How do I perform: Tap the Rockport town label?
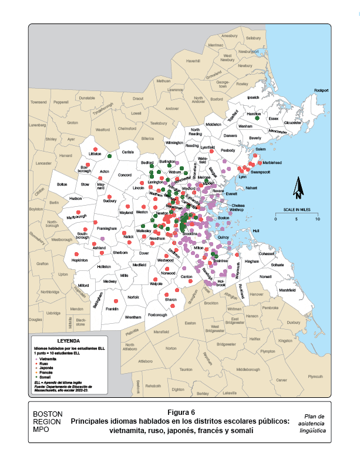point(322,90)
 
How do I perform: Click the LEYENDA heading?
point(68,341)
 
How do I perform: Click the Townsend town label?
point(39,102)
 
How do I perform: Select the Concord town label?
point(125,175)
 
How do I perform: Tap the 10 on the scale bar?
point(318,219)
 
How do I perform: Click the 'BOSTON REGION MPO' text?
point(48,421)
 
